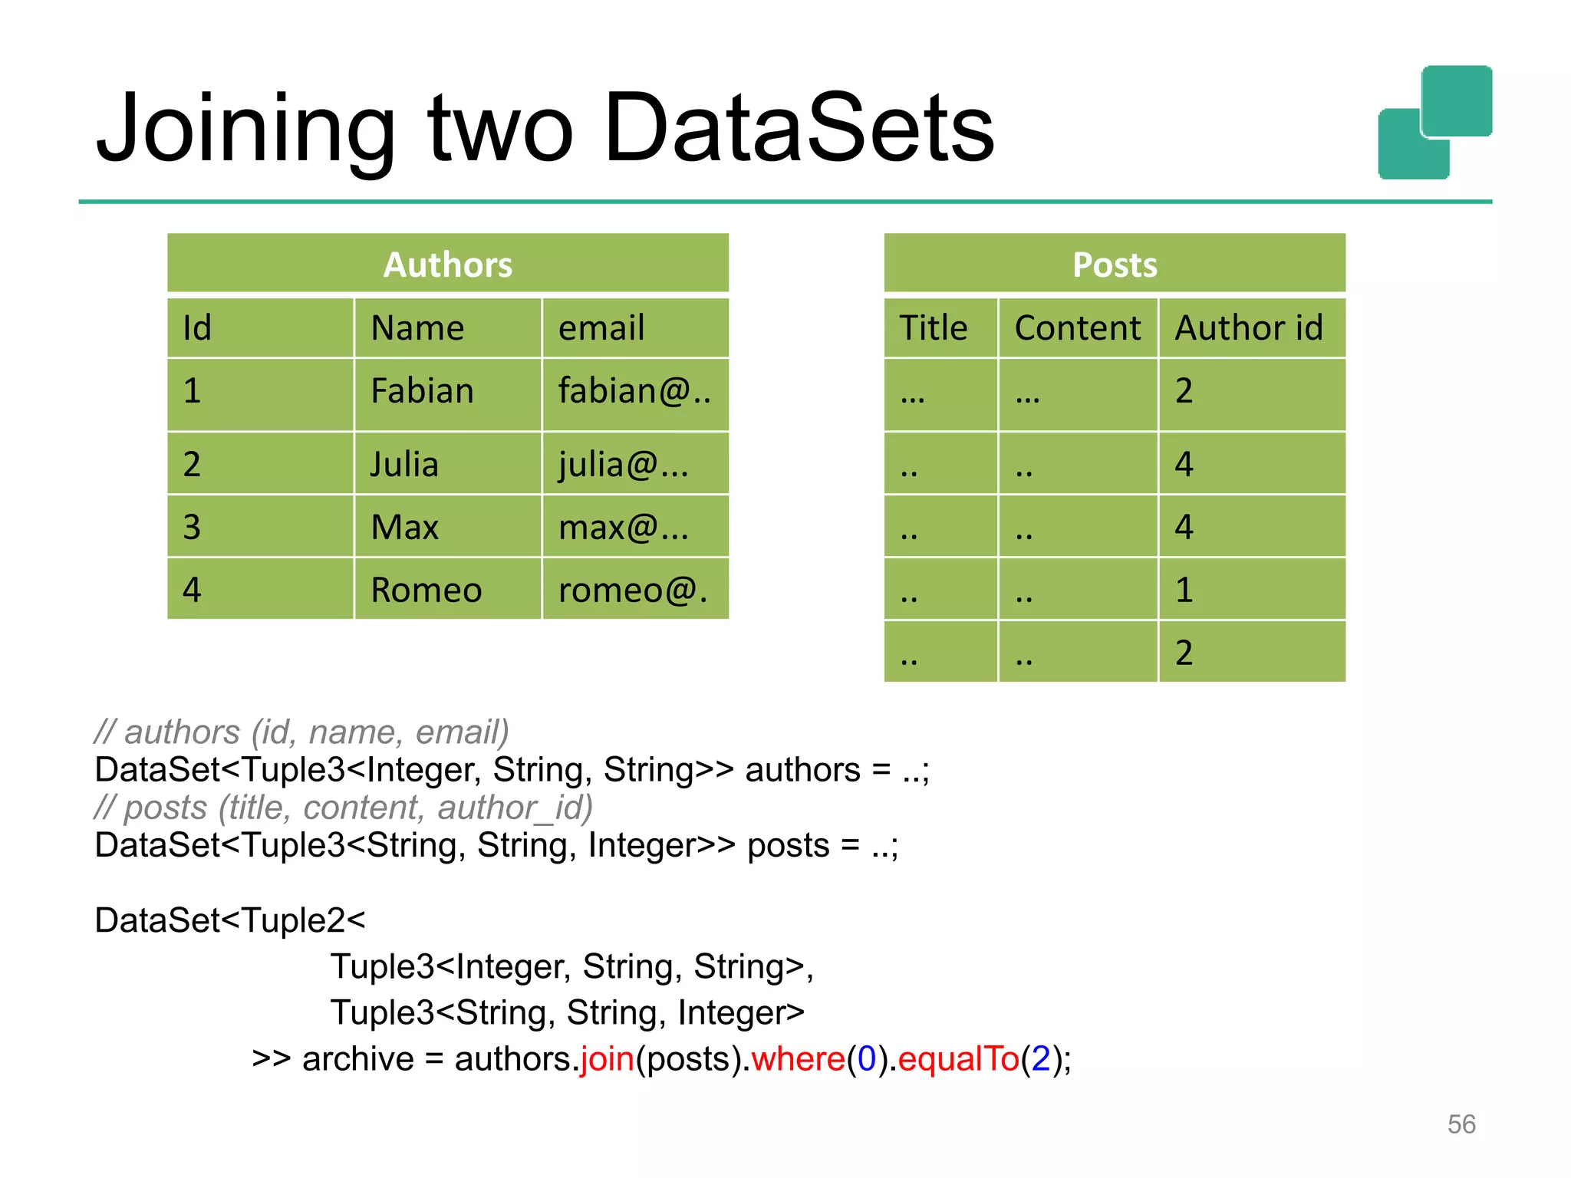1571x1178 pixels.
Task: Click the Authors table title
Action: pyautogui.click(x=448, y=265)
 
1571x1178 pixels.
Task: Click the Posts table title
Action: pyautogui.click(x=1114, y=265)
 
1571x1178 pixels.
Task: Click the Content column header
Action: pyautogui.click(x=1077, y=328)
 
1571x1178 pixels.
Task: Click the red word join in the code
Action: pyautogui.click(x=607, y=1059)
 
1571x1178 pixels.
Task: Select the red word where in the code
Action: pyautogui.click(x=798, y=1059)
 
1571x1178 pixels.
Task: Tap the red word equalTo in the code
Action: pyautogui.click(x=958, y=1059)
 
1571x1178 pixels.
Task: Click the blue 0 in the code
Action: pyautogui.click(x=867, y=1059)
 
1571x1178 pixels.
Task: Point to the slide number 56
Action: pyautogui.click(x=1461, y=1124)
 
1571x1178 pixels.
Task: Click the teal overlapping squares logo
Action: pyautogui.click(x=1434, y=123)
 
